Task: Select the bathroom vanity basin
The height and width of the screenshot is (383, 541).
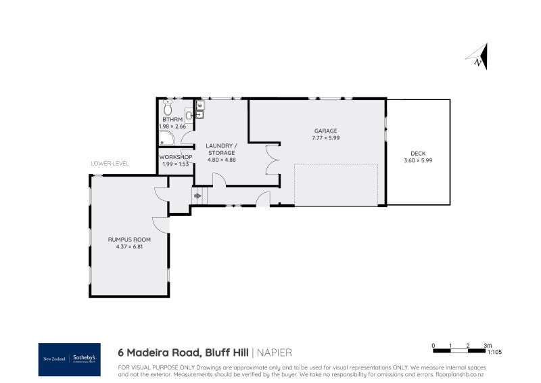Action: [x=189, y=114]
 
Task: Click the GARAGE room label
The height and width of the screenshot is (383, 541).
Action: [x=325, y=131]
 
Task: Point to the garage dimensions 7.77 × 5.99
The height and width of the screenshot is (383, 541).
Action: [x=325, y=138]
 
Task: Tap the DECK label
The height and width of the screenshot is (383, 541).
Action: [x=417, y=153]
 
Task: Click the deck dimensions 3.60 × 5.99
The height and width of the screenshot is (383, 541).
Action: [x=417, y=160]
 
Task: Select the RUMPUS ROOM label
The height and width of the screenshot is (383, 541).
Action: [x=129, y=240]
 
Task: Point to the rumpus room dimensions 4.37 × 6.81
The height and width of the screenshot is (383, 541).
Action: [x=129, y=247]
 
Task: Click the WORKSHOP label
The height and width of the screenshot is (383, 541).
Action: [x=176, y=157]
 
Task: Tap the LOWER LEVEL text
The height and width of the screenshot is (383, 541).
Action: [x=110, y=164]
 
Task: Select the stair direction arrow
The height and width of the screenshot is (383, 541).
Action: [x=197, y=196]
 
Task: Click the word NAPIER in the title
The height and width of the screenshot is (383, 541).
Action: [x=274, y=353]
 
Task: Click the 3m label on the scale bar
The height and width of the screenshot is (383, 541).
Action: [x=487, y=345]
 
